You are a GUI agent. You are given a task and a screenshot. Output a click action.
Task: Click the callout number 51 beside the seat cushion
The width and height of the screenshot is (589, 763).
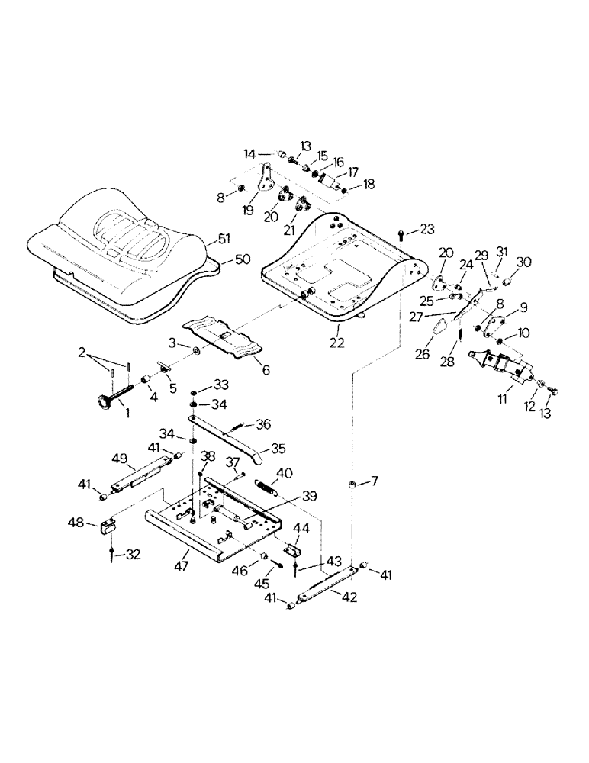(221, 240)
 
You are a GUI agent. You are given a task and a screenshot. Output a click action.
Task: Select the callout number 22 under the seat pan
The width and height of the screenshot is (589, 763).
(336, 343)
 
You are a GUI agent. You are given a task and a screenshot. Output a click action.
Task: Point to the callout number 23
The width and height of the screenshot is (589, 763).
(426, 228)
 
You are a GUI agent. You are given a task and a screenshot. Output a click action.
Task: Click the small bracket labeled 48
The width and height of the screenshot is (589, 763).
(107, 526)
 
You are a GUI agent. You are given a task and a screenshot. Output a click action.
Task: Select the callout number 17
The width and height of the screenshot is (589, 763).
(352, 172)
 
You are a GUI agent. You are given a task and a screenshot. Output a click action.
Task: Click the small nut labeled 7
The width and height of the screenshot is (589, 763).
(353, 485)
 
